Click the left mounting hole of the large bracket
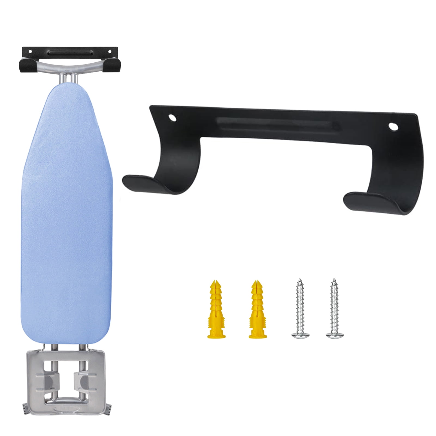coord(172,118)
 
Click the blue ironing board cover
coord(67,213)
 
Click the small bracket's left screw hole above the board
coord(31,51)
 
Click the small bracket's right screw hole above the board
coord(110,51)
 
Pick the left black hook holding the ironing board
coord(26,66)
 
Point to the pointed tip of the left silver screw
coord(300,280)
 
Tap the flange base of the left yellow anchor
coord(216,336)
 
